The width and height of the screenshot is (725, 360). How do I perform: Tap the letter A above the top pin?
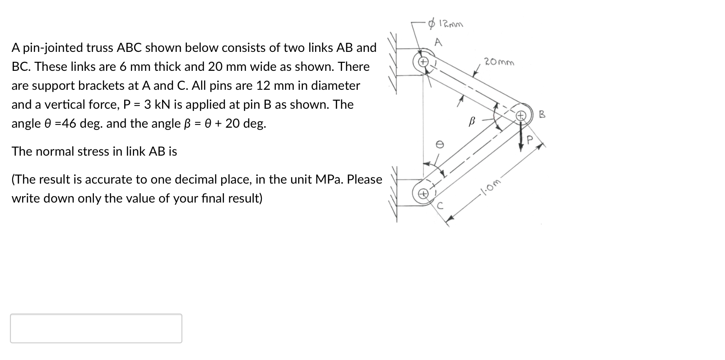(x=437, y=43)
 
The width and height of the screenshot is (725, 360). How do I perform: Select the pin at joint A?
(x=423, y=61)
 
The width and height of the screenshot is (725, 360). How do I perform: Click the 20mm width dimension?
(x=498, y=62)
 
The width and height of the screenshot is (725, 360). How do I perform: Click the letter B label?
(x=542, y=115)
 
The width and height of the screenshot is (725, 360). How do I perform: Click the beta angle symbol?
(x=472, y=121)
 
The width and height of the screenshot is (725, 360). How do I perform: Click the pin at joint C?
(x=423, y=194)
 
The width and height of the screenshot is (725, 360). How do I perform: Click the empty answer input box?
(x=96, y=328)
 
